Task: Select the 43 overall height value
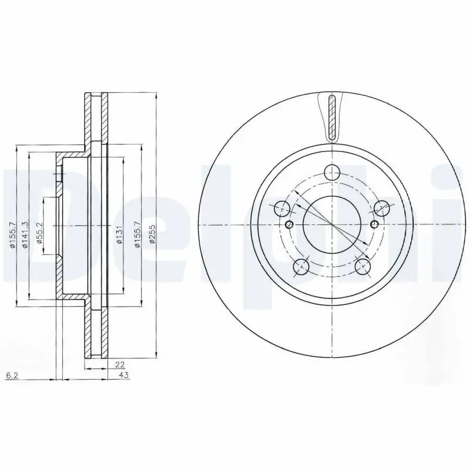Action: point(124,374)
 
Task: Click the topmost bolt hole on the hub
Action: point(333,173)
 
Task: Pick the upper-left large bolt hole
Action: point(283,207)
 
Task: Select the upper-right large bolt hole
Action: point(382,207)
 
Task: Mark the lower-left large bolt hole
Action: point(301,267)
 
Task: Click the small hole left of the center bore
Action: point(288,225)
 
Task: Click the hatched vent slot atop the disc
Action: point(333,116)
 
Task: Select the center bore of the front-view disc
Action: point(333,225)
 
